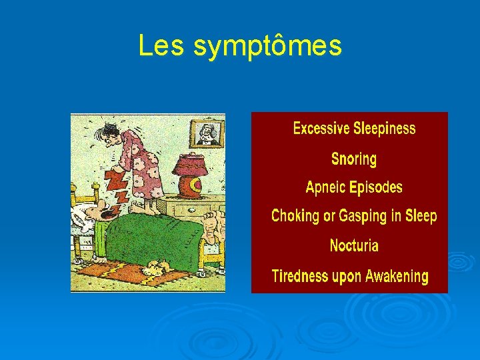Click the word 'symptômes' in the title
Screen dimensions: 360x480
(268, 47)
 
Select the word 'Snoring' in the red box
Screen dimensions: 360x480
(353, 159)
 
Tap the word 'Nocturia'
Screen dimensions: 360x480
(354, 245)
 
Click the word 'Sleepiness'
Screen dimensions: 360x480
(385, 129)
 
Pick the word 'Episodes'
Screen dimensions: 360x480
(378, 187)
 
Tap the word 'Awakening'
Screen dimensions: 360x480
(396, 276)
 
